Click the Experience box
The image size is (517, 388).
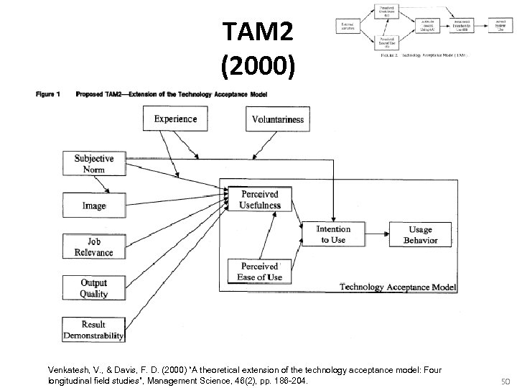[x=176, y=119]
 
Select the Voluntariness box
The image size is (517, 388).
[x=277, y=119]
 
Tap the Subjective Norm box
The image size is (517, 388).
[x=94, y=164]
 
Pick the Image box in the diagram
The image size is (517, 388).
[x=94, y=205]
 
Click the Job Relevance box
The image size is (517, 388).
[x=94, y=246]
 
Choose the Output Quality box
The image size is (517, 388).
[x=94, y=288]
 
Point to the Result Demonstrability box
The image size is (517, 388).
[x=94, y=330]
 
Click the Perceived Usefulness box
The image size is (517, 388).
[x=260, y=200]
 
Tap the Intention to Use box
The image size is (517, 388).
[x=334, y=234]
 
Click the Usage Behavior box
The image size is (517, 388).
[x=420, y=234]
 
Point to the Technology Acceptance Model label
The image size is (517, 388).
[x=397, y=287]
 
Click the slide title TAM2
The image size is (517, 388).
[x=258, y=32]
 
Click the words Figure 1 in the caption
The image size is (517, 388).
[x=47, y=94]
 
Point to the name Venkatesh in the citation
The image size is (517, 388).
[x=70, y=369]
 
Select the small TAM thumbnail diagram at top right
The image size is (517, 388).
[x=417, y=30]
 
